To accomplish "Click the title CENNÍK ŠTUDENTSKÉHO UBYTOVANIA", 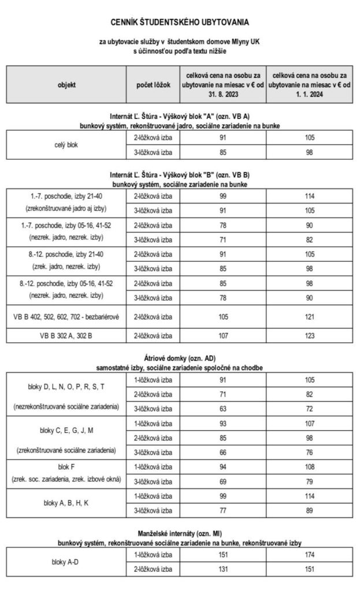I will click(x=180, y=23).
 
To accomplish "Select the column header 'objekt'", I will click(x=66, y=84).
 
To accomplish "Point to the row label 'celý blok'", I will click(x=66, y=145).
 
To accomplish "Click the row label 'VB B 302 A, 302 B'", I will click(x=66, y=335).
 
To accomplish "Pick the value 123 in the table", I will click(x=310, y=335).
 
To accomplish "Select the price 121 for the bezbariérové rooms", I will click(x=310, y=317).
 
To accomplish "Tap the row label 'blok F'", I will click(x=66, y=467).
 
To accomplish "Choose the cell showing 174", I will click(x=310, y=555).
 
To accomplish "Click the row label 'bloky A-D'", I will click(x=66, y=561).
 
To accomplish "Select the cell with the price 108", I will click(x=310, y=467).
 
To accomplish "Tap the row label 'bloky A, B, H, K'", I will click(x=66, y=502).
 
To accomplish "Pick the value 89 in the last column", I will click(x=310, y=510).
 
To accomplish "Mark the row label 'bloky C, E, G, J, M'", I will click(x=66, y=430).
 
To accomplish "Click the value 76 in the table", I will click(x=310, y=452).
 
